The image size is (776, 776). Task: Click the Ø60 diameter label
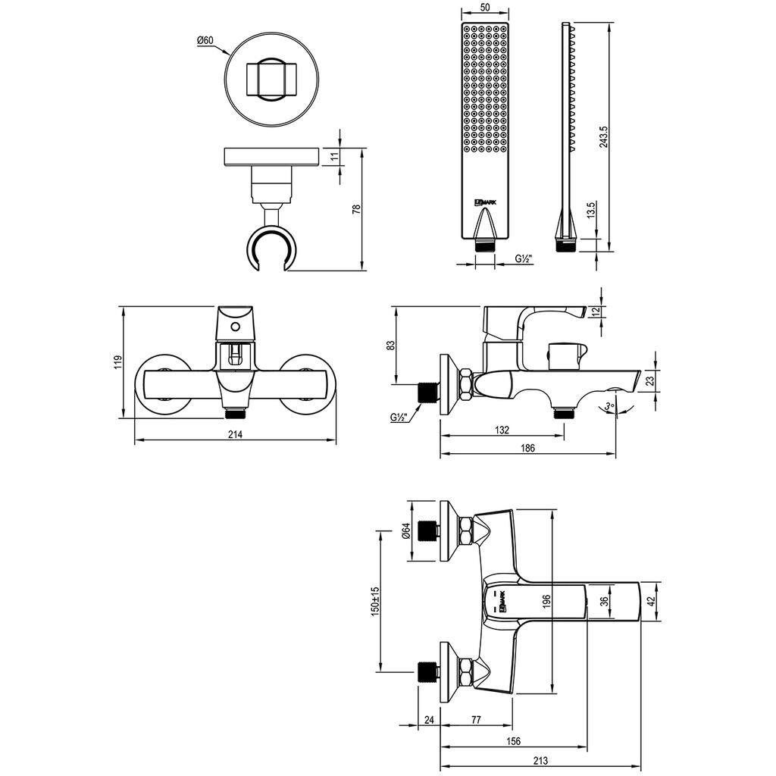coord(205,41)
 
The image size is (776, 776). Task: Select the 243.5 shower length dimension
coord(602,136)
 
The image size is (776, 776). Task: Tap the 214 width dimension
coord(235,434)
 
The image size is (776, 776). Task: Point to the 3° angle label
coord(610,406)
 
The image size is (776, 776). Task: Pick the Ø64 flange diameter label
coord(406,531)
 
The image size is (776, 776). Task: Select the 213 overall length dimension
coord(541,761)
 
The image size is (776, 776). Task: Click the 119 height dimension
coord(117,362)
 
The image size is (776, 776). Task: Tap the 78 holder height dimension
coord(356,209)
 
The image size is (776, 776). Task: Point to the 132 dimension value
coord(502,430)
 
